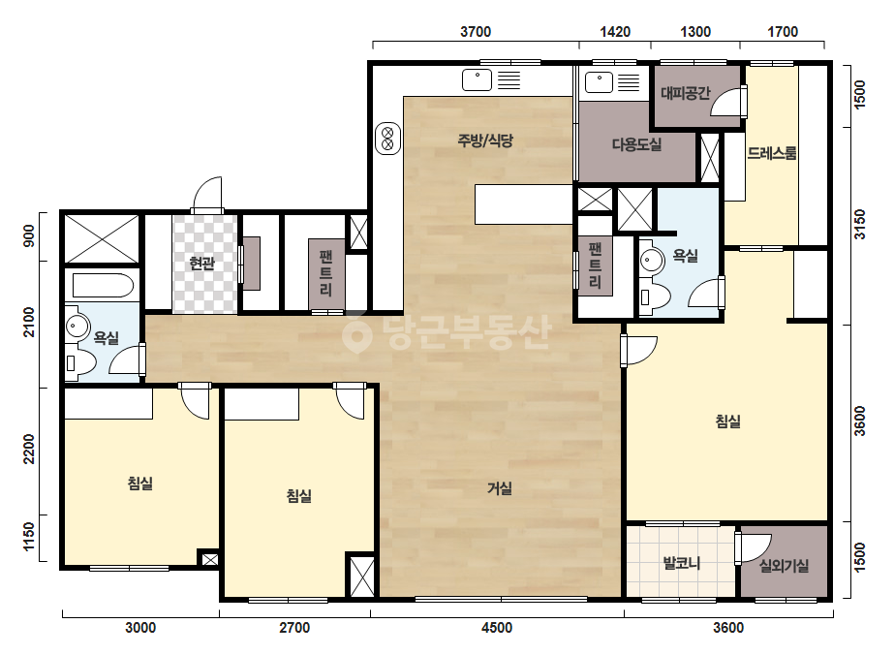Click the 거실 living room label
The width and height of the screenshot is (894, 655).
(x=500, y=488)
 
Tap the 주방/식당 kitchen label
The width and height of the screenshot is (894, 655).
(x=485, y=140)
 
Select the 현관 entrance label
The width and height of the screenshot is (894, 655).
(x=202, y=264)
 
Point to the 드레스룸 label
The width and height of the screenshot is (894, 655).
(x=772, y=153)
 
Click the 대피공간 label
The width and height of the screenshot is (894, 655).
(x=685, y=93)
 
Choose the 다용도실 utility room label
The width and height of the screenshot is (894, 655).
(x=637, y=144)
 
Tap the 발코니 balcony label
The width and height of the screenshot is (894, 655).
(x=682, y=564)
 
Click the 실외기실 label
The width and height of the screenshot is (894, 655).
(x=784, y=566)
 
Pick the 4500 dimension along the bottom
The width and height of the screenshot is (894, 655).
(x=497, y=628)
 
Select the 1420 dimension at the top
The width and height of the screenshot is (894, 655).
(x=615, y=32)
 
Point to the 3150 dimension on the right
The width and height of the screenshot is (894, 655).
(x=860, y=225)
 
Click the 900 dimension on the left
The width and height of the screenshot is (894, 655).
(x=28, y=236)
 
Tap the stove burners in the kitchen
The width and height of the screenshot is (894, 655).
(x=387, y=139)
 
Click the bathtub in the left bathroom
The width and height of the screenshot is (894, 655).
(x=104, y=285)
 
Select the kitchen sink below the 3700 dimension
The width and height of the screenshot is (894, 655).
(x=477, y=79)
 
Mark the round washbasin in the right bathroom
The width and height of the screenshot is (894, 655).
(x=649, y=261)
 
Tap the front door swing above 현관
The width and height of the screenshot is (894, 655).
(x=207, y=195)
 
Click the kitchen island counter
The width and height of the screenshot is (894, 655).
(x=524, y=204)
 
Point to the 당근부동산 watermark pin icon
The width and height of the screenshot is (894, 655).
(x=356, y=332)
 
